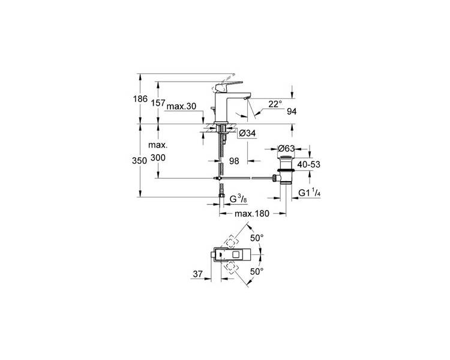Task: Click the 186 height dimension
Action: [x=140, y=99]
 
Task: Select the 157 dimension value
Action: [x=158, y=103]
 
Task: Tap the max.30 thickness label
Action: [x=181, y=106]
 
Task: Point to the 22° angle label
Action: [x=275, y=104]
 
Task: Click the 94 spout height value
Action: [x=292, y=112]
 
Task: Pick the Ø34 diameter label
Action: [x=247, y=133]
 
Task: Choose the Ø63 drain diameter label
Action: [x=286, y=148]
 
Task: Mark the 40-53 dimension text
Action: [x=308, y=164]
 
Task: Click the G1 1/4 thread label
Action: [x=310, y=193]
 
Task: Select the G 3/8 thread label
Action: [x=238, y=199]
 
